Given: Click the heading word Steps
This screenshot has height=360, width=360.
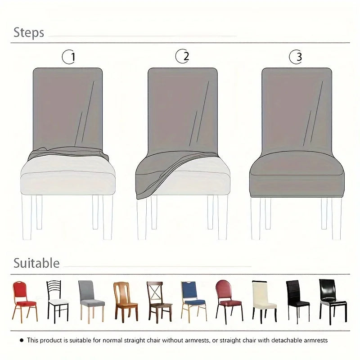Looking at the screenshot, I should tap(29, 32).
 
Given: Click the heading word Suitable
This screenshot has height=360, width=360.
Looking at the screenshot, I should tap(36, 263).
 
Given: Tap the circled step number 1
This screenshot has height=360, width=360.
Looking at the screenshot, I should tap(69, 57).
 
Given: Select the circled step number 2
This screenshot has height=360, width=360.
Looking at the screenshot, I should tap(182, 56).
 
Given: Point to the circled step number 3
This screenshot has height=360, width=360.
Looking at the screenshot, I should tap(296, 57).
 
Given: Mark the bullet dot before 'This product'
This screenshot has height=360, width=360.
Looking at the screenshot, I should tap(22, 341).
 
